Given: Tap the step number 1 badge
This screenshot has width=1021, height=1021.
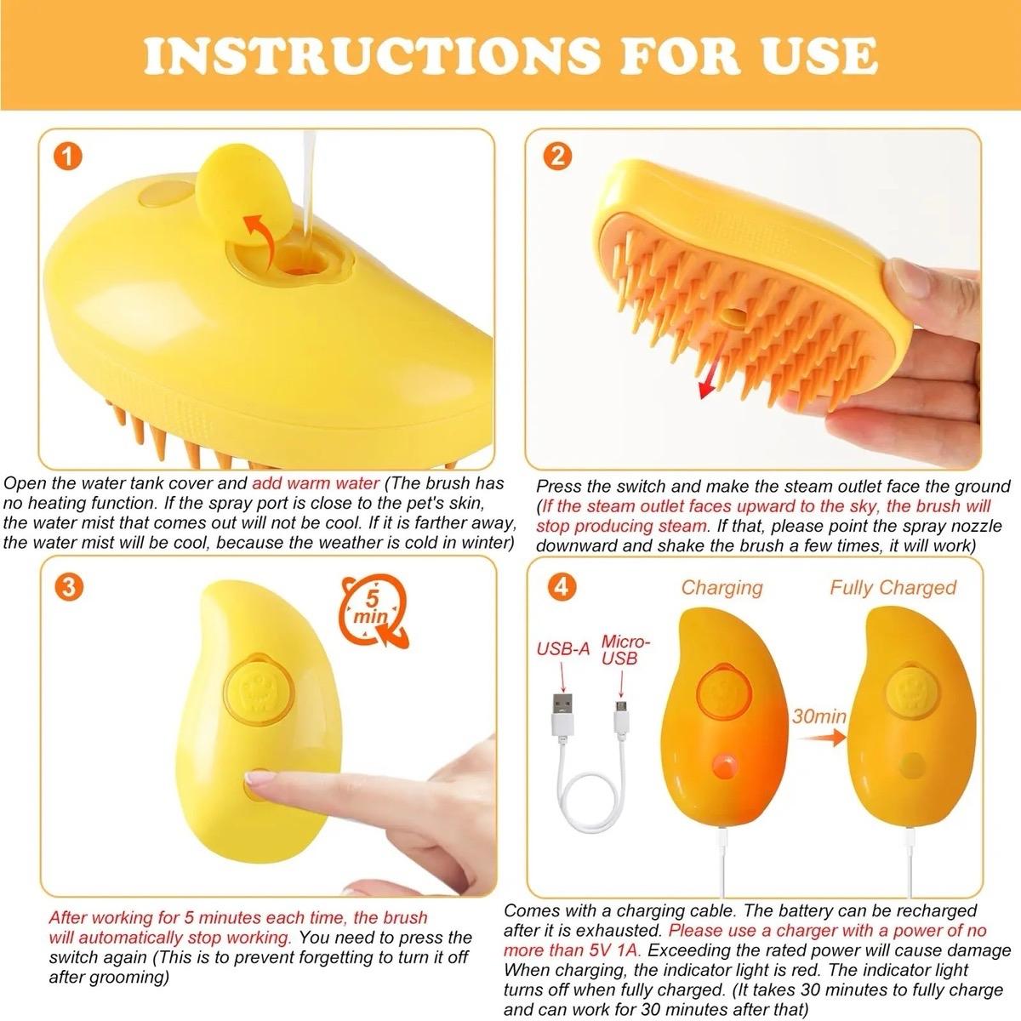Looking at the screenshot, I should click(66, 157).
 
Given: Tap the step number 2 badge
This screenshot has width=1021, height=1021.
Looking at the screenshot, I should click(558, 157).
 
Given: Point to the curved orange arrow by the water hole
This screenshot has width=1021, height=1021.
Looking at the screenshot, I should click(260, 234).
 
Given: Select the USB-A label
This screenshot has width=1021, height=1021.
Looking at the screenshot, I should click(562, 649).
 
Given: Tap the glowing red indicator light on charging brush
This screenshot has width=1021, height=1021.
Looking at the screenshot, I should click(725, 766).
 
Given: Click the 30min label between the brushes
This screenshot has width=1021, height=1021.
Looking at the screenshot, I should click(818, 716).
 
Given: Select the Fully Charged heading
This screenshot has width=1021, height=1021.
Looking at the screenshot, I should click(893, 587).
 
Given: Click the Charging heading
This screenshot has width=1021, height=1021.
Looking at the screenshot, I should click(722, 587).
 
